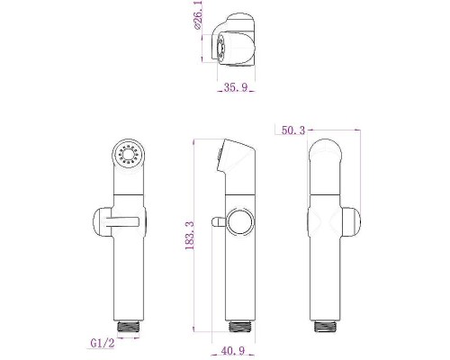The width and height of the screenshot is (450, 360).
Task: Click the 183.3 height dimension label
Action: (190, 235)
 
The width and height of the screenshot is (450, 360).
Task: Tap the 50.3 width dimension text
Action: (293, 130)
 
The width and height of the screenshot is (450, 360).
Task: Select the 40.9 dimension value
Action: (233, 350)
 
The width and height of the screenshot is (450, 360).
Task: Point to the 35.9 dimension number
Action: (236, 87)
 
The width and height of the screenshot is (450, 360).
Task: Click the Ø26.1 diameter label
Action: (198, 15)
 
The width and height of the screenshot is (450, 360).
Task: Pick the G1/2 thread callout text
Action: (103, 343)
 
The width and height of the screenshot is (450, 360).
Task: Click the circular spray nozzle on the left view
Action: (129, 156)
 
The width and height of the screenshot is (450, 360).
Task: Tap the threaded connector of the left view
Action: (129, 326)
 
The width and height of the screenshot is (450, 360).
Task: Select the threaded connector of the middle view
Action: (240, 326)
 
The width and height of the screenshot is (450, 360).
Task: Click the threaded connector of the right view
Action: (325, 326)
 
